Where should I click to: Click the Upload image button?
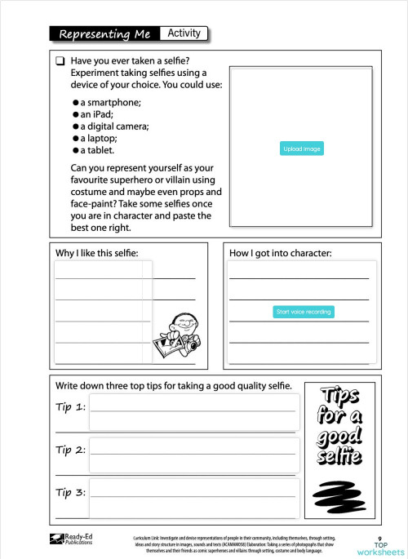coord(303,149)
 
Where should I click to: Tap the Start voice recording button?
coord(304,312)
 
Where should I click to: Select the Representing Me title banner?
coord(104,34)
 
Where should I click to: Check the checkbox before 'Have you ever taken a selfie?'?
coord(60,61)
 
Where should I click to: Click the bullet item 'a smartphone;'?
coord(110,102)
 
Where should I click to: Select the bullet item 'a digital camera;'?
coord(114,126)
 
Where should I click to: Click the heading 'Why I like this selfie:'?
coord(103,254)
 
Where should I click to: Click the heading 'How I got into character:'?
coord(281,254)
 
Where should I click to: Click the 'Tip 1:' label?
coord(70,406)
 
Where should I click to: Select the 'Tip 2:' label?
coord(70,450)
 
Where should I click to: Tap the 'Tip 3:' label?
coord(70,493)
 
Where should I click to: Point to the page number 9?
coord(380,538)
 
